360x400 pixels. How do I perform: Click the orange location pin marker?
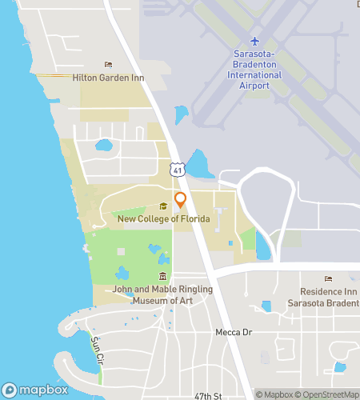[180, 200]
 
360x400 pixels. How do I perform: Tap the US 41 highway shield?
[178, 169]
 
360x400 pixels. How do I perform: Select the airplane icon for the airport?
[255, 41]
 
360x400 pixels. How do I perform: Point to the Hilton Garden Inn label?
[108, 77]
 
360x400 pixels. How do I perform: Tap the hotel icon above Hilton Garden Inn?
[109, 65]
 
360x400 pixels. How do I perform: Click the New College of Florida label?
[163, 218]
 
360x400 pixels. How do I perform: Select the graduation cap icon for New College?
[163, 206]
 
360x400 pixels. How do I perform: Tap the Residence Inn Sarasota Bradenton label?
[328, 297]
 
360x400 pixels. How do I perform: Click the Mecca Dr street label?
[234, 331]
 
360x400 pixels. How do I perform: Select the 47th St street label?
[206, 395]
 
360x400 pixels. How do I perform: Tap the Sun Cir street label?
[97, 346]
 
